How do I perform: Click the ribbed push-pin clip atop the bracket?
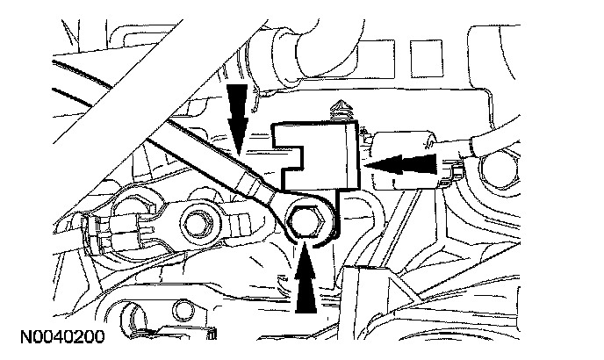coord(340,112)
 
